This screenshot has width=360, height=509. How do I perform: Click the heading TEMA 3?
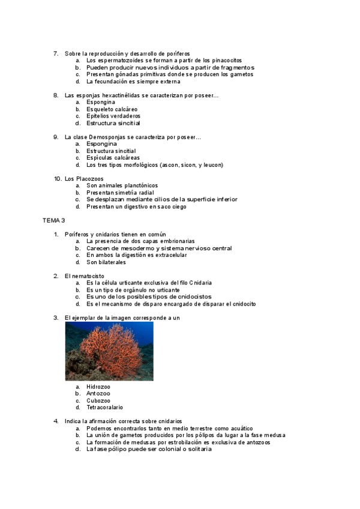pos(53,221)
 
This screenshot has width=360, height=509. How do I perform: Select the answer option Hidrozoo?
pos(98,387)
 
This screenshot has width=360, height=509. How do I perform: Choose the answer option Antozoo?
pos(98,393)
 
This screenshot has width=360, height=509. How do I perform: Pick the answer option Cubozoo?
pos(98,400)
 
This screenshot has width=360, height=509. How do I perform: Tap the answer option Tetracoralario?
pos(104,407)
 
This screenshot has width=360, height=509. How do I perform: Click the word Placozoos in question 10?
pos(89,179)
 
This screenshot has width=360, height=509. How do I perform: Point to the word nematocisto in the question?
pos(87,276)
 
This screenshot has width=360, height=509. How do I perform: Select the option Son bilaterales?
pos(106,262)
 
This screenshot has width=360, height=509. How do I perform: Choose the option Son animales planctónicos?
pos(122,185)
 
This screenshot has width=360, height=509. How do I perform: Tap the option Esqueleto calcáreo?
pos(112,109)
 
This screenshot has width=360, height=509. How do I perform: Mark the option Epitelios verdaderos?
pos(113,116)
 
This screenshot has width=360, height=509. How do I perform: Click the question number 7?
pos(56,53)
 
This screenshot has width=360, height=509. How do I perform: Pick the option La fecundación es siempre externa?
pos(129,82)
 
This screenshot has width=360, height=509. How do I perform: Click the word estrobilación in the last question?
pos(178,442)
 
